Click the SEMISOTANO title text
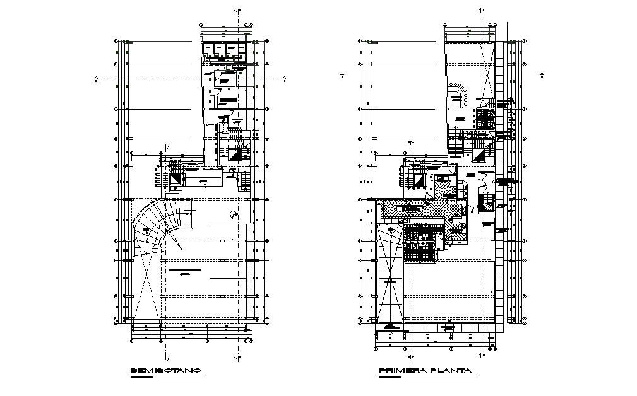tap(165, 370)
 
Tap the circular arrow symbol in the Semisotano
tap(233, 214)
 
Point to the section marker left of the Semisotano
tap(96, 79)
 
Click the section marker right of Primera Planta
tap(542, 75)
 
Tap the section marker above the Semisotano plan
tap(237, 11)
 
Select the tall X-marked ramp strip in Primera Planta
tap(390, 277)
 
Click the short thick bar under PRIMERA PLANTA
tap(391, 379)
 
